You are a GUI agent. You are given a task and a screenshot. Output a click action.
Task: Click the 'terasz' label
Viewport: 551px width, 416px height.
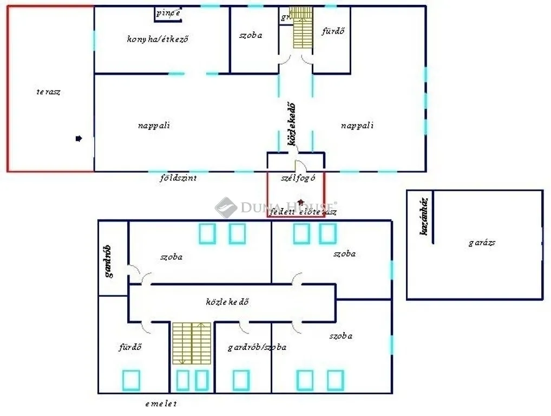pos(48,92)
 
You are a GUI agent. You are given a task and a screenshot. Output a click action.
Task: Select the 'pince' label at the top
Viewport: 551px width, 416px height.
pos(168,14)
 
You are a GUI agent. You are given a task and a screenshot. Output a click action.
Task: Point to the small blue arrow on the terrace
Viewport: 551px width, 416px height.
pos(79,139)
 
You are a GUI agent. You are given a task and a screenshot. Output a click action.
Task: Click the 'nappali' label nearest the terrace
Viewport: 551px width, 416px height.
pos(154,125)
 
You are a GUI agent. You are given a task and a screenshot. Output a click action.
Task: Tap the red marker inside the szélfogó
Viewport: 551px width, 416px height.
pos(301,201)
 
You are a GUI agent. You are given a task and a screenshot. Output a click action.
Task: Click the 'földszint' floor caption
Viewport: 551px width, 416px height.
pos(178,178)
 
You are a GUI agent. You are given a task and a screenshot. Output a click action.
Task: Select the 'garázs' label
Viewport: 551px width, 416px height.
pos(482,243)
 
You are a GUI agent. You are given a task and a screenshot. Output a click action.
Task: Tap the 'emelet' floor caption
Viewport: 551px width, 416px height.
pos(161,404)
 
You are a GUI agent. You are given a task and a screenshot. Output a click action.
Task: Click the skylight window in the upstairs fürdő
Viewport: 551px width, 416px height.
pos(131,380)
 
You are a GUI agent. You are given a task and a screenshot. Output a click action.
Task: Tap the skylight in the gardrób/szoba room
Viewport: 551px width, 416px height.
pos(241,380)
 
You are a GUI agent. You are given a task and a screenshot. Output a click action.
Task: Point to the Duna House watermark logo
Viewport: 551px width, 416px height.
pos(226,207)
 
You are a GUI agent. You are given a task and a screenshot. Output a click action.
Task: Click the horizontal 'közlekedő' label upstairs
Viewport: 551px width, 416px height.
pos(227,302)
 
